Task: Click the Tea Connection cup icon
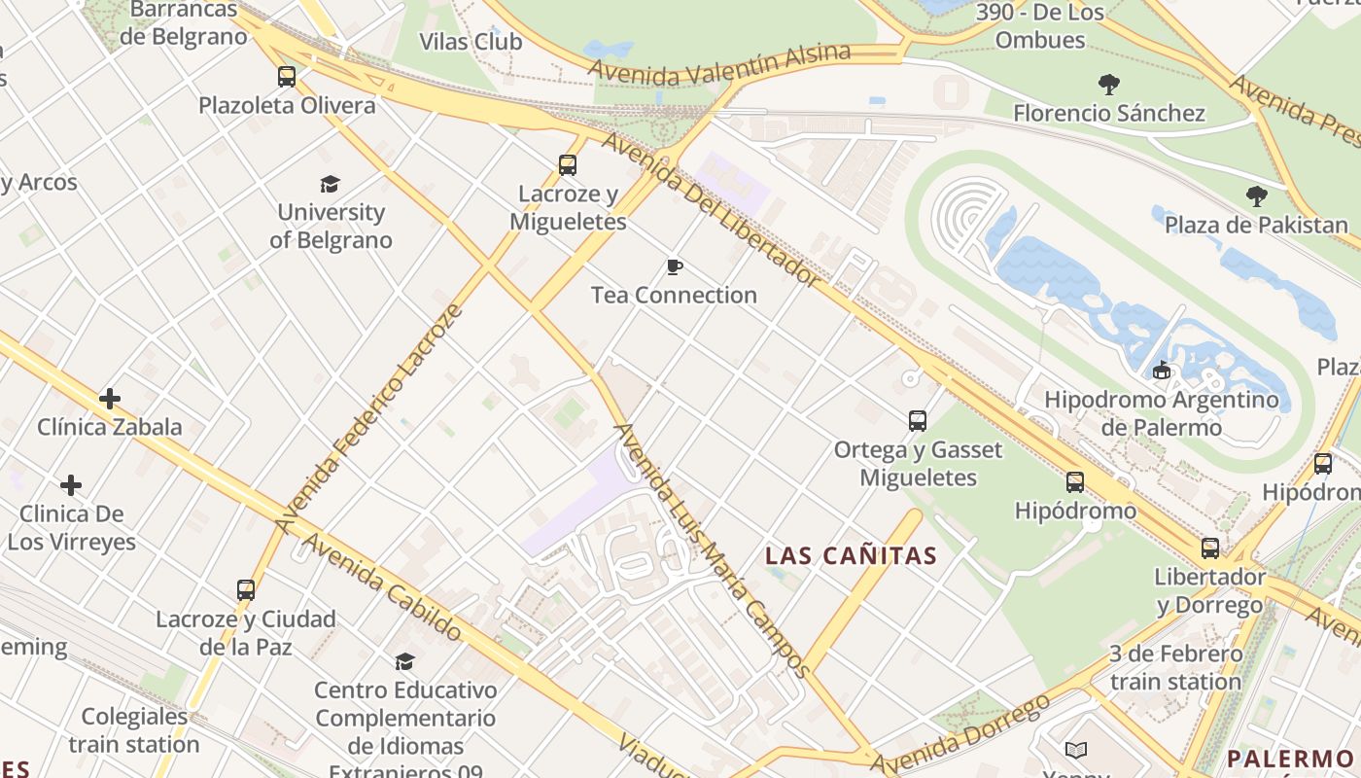coord(674,266)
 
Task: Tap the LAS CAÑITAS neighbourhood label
coord(851,556)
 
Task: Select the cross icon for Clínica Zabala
coord(110,399)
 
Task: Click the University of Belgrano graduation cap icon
coord(331,184)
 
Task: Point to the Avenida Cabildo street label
coord(382,587)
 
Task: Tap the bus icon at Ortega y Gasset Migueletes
coord(918,421)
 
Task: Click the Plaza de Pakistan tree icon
coord(1256,196)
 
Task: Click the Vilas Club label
coord(471,42)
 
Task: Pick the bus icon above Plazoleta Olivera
coord(287,77)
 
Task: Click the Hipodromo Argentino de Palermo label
coord(1161,413)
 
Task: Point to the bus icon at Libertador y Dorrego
coord(1209,548)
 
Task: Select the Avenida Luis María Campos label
coord(712,549)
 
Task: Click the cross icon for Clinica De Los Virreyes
coord(71,485)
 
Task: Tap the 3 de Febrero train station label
coord(1175,667)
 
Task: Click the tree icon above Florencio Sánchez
coord(1108,85)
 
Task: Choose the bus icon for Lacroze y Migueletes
coord(568,165)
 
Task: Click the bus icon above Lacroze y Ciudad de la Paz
coord(246,590)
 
